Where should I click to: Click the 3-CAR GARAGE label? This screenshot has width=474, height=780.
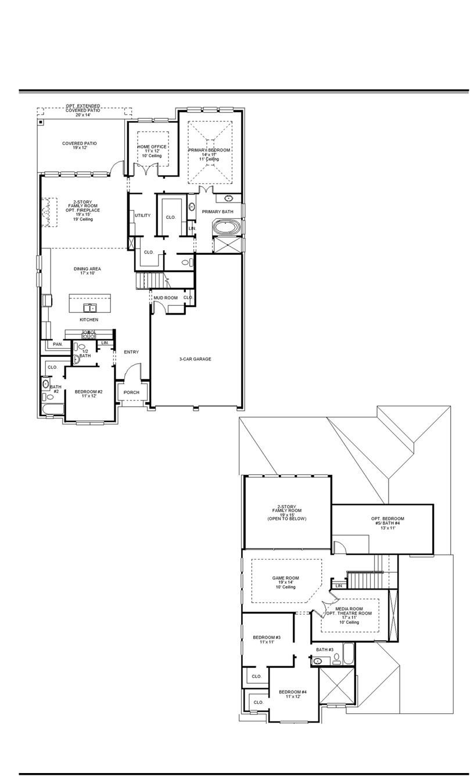195,359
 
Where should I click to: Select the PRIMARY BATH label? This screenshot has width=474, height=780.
217,212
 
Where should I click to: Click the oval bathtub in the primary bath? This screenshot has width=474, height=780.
226,227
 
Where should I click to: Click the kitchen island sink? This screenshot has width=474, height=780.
89,307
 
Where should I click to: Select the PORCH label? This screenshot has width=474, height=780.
132,392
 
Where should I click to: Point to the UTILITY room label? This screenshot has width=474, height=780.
142,215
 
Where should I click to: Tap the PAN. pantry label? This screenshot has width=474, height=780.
58,344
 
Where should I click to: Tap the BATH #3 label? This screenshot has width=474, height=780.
325,649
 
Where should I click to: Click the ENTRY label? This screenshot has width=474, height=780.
131,352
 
